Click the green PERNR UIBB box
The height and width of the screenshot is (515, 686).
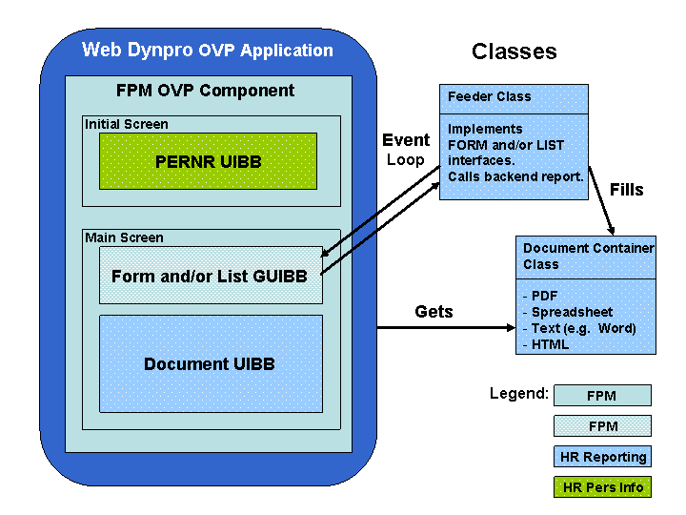coord(208,161)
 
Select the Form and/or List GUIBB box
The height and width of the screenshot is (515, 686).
coord(210,276)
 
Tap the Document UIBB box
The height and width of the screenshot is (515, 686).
coord(210,364)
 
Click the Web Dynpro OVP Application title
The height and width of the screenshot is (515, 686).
coord(208,51)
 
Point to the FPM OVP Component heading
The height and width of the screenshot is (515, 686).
coord(205,92)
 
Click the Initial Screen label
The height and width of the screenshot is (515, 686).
coord(127,124)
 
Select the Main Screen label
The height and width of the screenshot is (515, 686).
coord(124,237)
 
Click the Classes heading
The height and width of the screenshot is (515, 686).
coord(514,51)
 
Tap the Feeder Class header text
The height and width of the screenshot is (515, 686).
coord(490,96)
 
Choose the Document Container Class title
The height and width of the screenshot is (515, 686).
coord(588,256)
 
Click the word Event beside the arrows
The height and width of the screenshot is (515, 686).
coord(406,140)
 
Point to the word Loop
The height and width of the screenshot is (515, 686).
coord(406,160)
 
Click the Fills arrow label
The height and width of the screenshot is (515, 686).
coord(627,190)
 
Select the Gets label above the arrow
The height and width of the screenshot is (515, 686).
coord(434,312)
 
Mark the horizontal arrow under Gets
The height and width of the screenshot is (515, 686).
coord(445,329)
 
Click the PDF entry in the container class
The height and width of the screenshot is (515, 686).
coord(544,296)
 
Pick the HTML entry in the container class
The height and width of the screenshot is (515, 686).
coord(549,344)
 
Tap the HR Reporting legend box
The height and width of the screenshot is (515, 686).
coord(602,457)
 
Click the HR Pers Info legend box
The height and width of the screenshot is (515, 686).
coord(602,487)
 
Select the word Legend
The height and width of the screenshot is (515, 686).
coord(518,393)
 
